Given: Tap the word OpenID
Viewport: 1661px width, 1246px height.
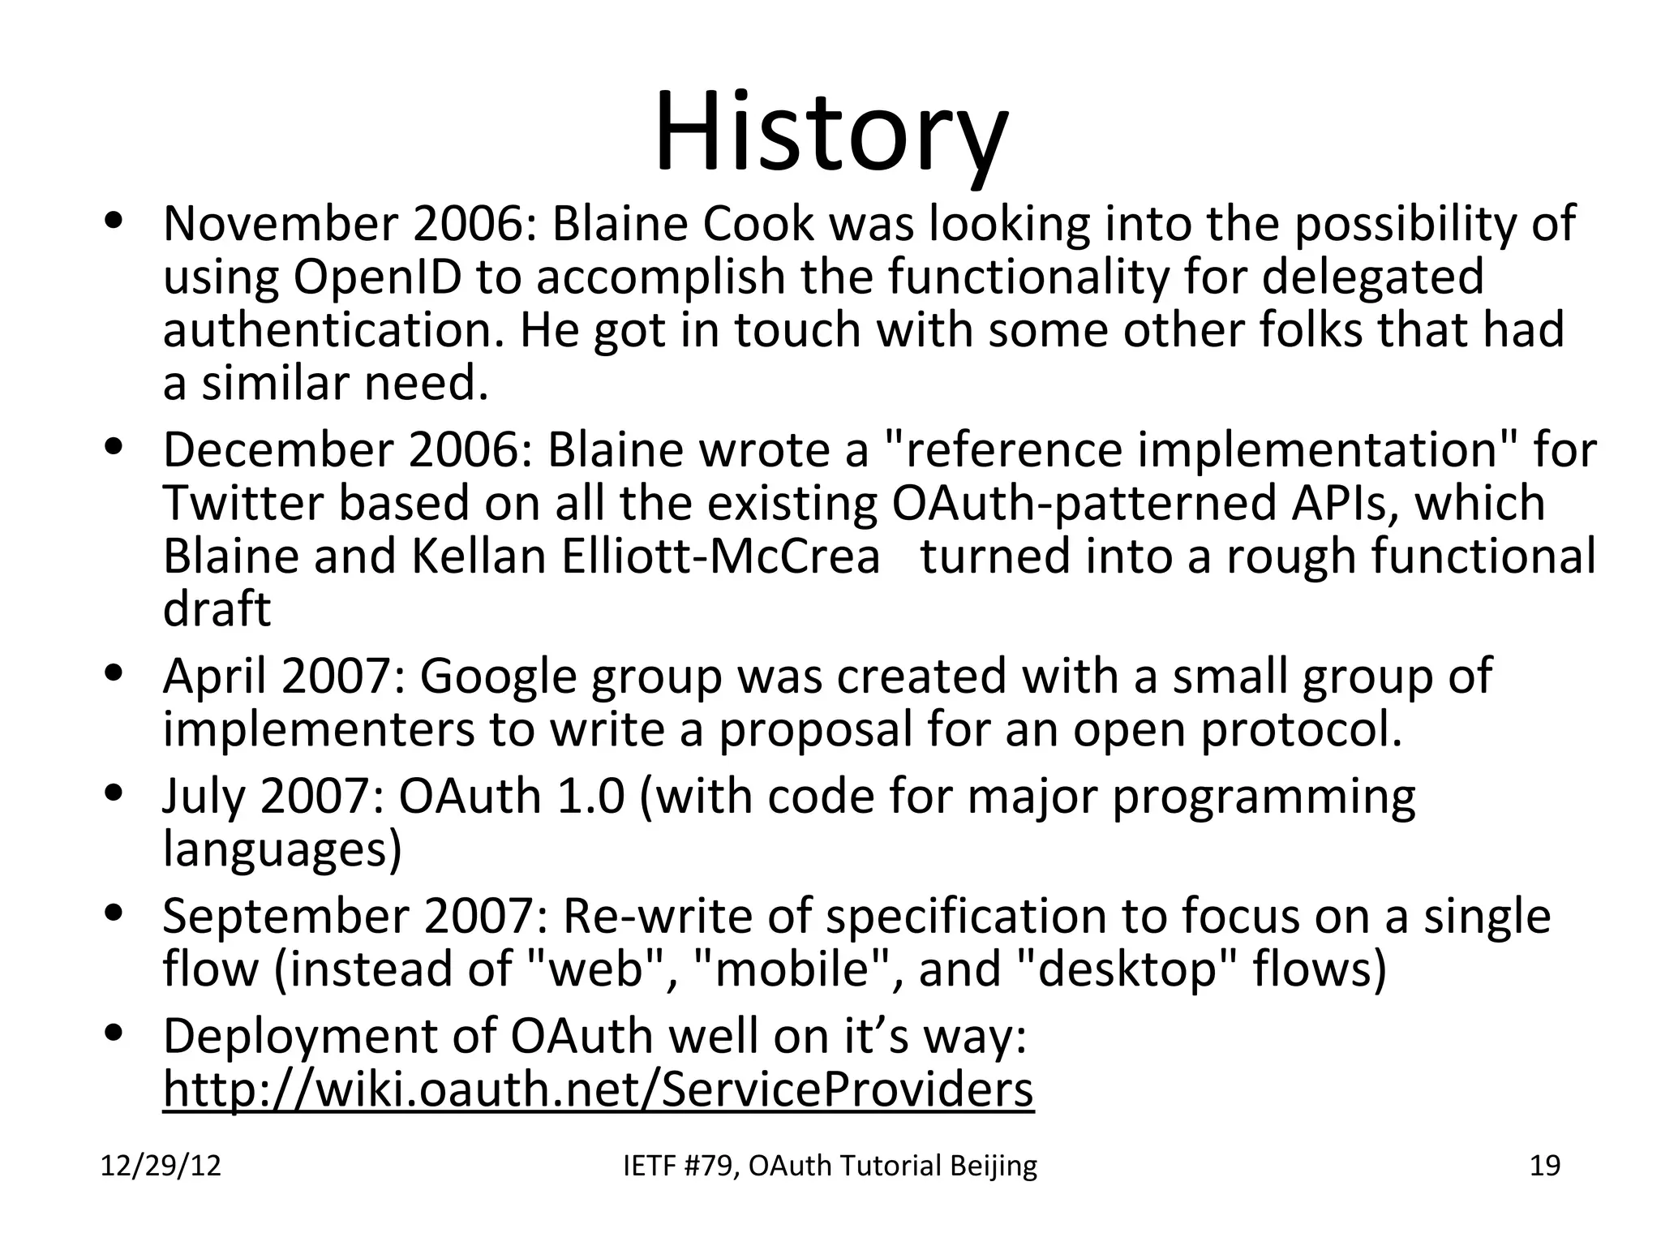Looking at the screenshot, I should pos(378,277).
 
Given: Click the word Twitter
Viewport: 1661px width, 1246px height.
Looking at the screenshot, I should pos(243,503).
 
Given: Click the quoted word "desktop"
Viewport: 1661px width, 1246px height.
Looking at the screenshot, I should pos(1127,969).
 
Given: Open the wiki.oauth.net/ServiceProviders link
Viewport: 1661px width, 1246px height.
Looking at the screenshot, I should pos(598,1089).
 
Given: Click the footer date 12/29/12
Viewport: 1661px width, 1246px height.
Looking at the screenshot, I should pos(161,1167).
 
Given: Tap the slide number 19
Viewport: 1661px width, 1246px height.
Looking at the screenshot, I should pos(1544,1167).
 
